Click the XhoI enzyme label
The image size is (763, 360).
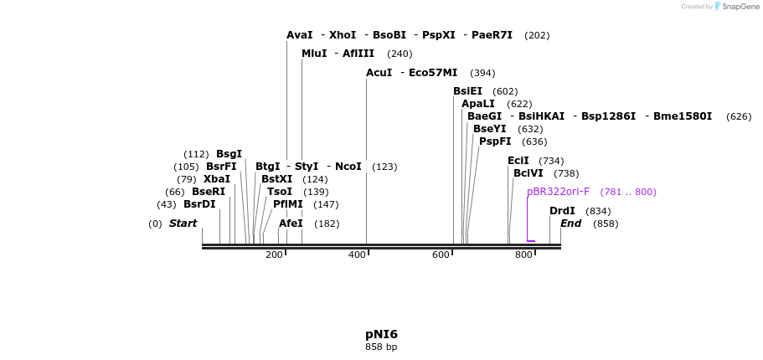coord(343,35)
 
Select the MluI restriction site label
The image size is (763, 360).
coord(315,54)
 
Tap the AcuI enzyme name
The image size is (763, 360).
coord(379,73)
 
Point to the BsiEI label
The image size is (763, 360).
coord(467,91)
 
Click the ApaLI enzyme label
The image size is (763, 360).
coord(477,104)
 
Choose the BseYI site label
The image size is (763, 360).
coord(489,129)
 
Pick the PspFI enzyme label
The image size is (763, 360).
coord(495,141)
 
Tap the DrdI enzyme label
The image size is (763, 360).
coord(562,211)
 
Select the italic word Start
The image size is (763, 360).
coord(183,224)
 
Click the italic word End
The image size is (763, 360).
coord(570,224)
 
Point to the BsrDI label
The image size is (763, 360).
coord(199,204)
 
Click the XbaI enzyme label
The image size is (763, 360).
coord(216,179)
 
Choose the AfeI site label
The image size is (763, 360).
coord(291,224)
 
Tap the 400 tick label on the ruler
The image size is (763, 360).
coord(357,255)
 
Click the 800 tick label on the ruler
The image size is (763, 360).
coord(523,255)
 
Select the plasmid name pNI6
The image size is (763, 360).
coord(381,334)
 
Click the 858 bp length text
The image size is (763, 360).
coord(381,347)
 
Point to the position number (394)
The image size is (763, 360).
coord(482,73)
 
